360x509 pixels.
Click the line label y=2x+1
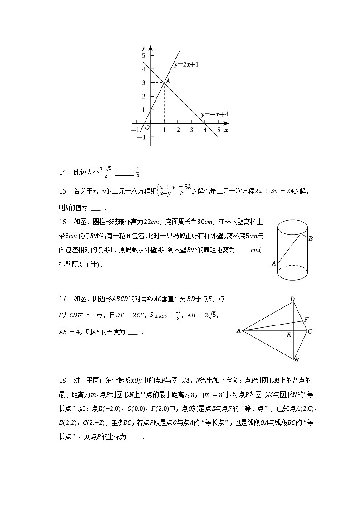tap(186, 65)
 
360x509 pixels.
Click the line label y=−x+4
tap(214, 115)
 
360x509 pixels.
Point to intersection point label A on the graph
tap(167, 81)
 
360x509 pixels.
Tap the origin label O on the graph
tap(147, 128)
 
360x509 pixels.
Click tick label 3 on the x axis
tap(192, 130)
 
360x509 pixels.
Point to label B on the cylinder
tap(311, 238)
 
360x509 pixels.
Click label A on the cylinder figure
tap(273, 263)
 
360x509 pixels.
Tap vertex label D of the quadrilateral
tap(292, 299)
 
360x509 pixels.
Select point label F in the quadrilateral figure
tap(306, 320)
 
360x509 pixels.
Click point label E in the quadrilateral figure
tap(289, 335)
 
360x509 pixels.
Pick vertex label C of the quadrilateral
tap(310, 331)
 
